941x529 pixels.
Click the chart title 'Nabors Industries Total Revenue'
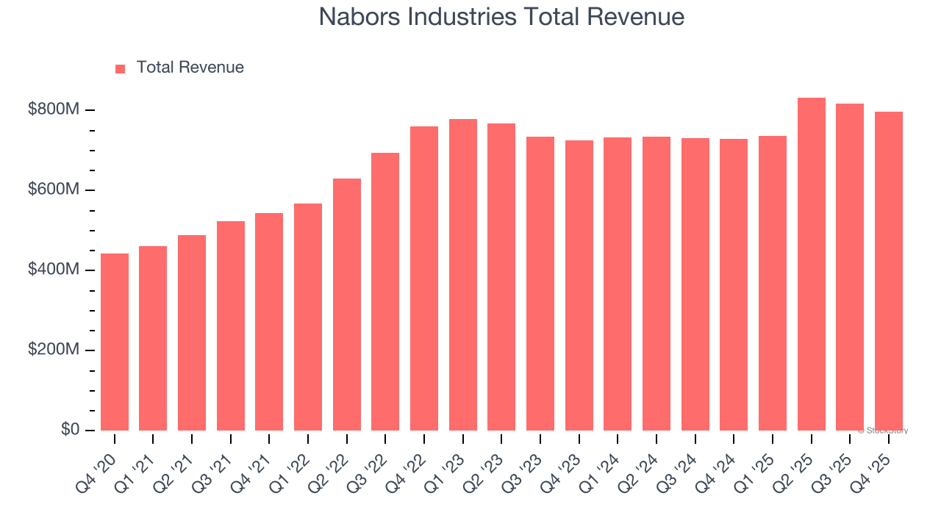tap(501, 17)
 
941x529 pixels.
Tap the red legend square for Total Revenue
tap(121, 68)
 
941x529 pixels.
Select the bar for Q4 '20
tap(115, 342)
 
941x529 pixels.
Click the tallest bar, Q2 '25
tap(811, 264)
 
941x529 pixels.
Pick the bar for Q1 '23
tap(462, 275)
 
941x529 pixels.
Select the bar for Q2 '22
tap(346, 304)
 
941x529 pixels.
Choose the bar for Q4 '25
tap(888, 271)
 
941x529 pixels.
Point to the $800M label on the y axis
tap(54, 110)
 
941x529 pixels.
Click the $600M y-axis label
tap(54, 190)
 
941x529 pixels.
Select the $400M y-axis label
tap(54, 270)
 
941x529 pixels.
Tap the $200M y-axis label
tap(54, 350)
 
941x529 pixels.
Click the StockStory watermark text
tap(882, 431)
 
